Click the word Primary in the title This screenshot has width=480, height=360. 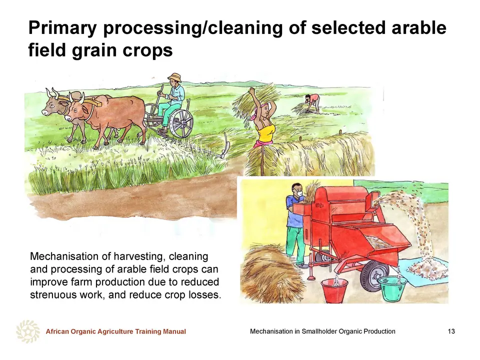(x=62, y=28)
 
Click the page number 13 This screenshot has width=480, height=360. (x=451, y=331)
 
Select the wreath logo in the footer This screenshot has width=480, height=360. (x=28, y=331)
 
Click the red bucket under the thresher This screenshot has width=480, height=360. (x=334, y=290)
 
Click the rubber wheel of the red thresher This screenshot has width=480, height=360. (x=374, y=275)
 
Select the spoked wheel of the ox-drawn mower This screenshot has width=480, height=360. (x=181, y=123)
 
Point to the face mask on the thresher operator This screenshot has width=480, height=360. (x=299, y=193)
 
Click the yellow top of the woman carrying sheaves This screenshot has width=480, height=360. (x=265, y=132)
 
